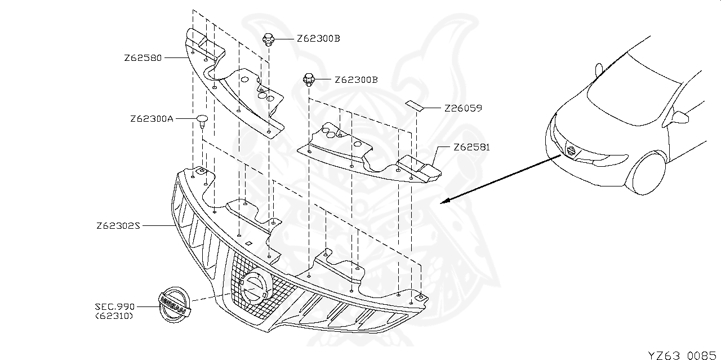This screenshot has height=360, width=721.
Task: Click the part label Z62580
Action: tap(143, 57)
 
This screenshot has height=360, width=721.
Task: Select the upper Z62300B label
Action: tap(319, 39)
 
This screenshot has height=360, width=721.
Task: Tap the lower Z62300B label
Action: tap(356, 80)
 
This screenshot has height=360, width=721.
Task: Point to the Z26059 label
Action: tap(463, 108)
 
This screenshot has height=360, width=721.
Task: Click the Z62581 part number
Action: tap(471, 148)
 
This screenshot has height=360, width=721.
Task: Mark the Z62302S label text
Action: tap(118, 226)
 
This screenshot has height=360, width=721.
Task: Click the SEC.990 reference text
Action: tap(115, 306)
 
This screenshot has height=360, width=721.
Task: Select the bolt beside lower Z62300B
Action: tap(309, 80)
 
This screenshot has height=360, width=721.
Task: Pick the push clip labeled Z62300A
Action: tap(202, 120)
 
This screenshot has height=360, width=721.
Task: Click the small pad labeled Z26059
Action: tap(415, 105)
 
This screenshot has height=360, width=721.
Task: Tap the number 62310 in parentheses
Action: tap(115, 316)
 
